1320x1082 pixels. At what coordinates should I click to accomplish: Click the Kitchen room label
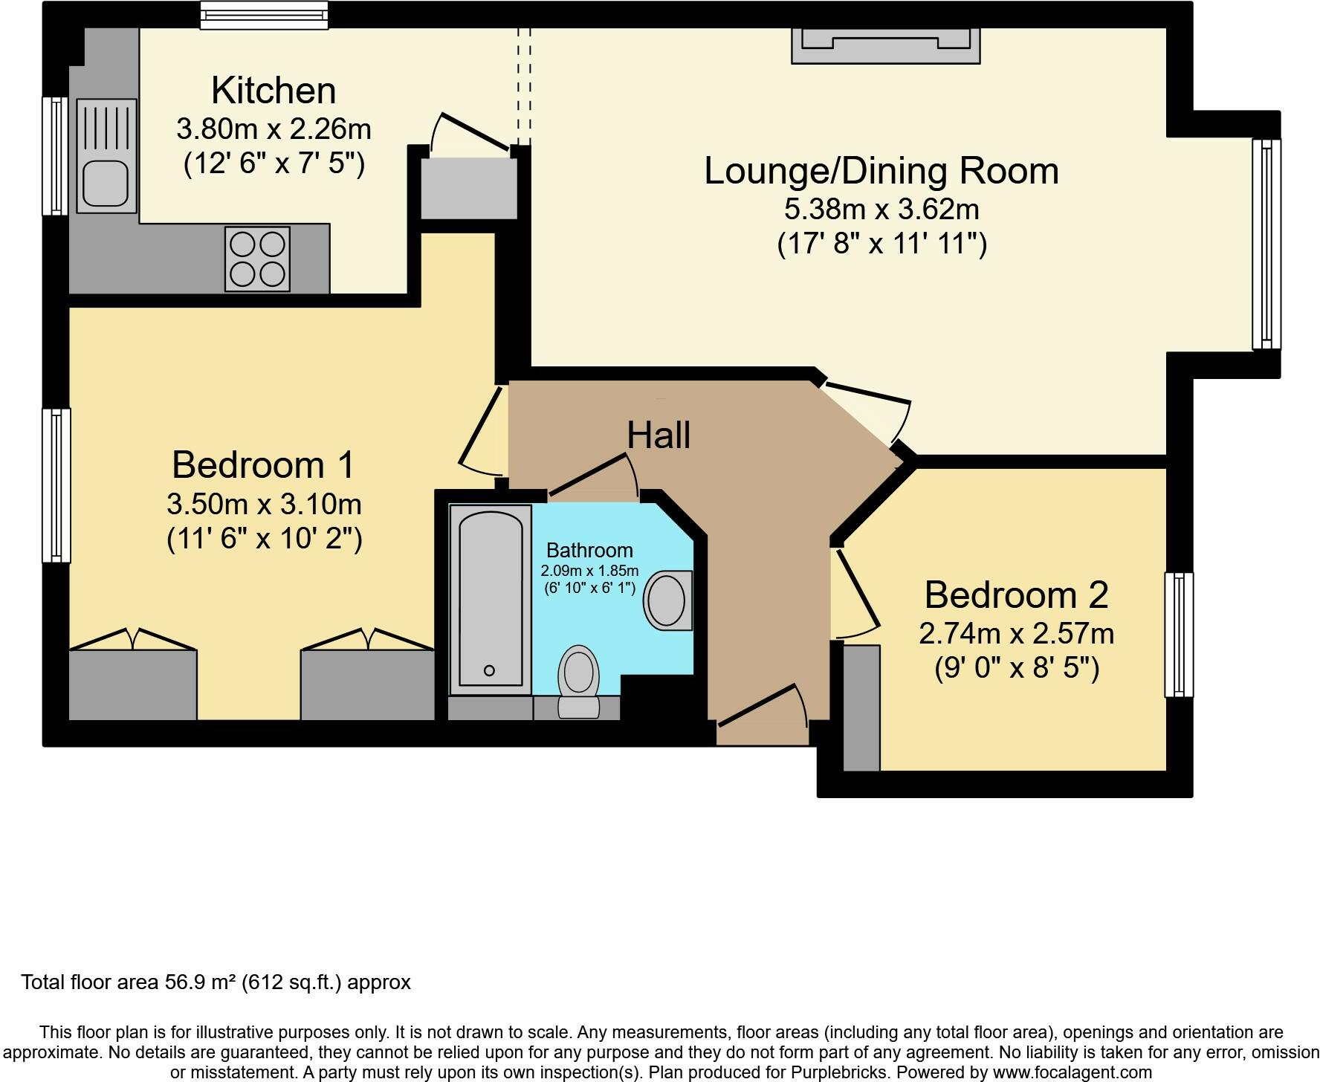click(x=274, y=91)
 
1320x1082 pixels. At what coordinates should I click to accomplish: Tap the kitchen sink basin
click(x=105, y=183)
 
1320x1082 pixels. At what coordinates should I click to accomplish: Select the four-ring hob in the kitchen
click(x=257, y=259)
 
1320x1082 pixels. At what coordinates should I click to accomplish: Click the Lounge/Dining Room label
click(x=881, y=171)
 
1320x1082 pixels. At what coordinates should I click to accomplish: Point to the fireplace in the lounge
click(x=885, y=45)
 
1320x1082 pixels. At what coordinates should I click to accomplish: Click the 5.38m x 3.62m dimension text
click(x=881, y=210)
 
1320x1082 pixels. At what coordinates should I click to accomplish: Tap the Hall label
click(x=659, y=435)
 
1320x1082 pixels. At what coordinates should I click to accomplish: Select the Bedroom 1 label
click(x=263, y=465)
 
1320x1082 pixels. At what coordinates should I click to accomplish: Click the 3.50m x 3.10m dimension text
click(x=264, y=505)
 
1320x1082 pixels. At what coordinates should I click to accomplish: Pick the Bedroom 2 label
click(x=1016, y=595)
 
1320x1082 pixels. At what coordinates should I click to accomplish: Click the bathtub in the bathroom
click(x=491, y=599)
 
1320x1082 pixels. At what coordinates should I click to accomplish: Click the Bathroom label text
click(x=589, y=551)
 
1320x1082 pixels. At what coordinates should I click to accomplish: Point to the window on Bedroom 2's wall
click(x=1179, y=635)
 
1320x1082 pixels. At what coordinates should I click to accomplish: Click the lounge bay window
click(x=1266, y=244)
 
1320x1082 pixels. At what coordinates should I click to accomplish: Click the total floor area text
click(x=216, y=982)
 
